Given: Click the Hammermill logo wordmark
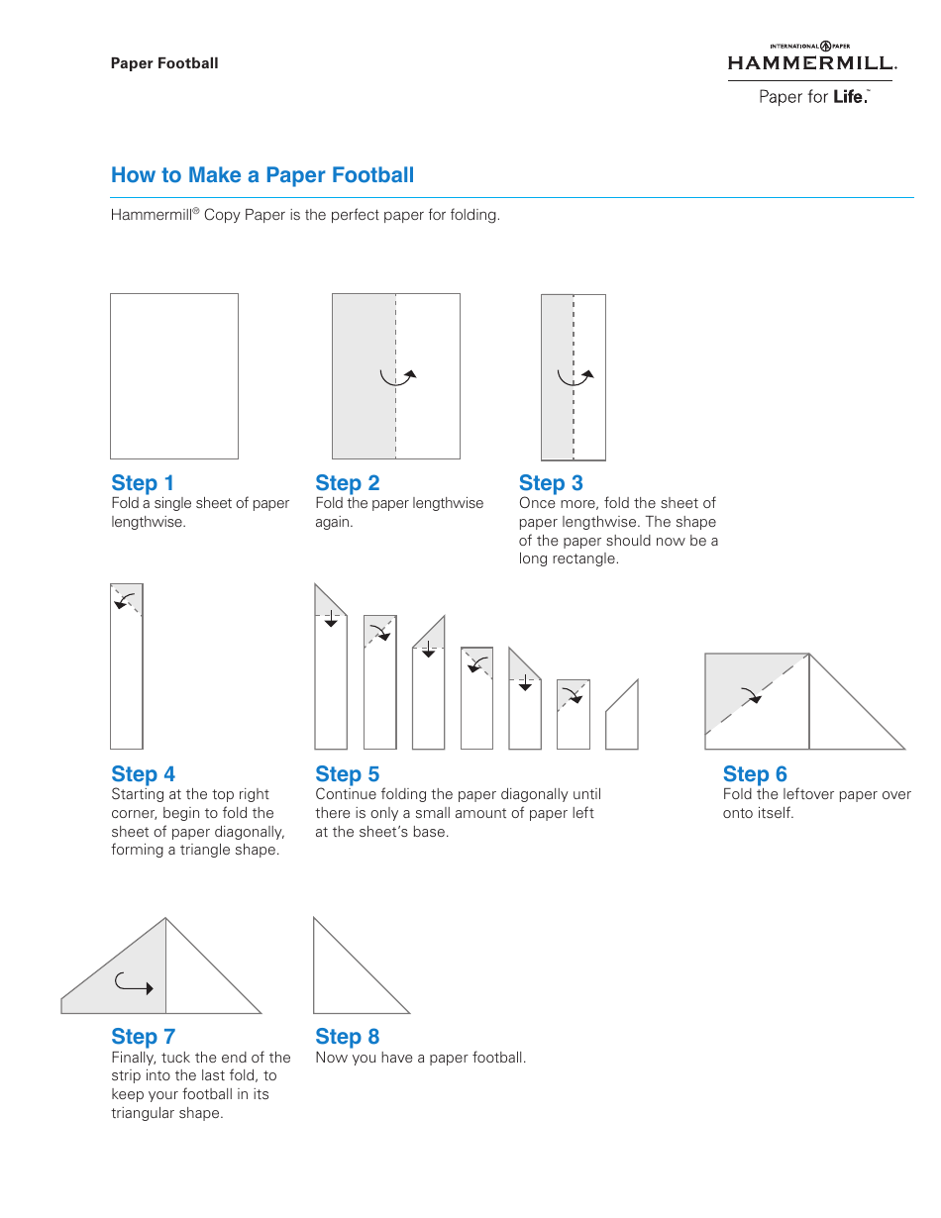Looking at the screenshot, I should click(811, 63).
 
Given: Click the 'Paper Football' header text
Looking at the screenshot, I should click(164, 63).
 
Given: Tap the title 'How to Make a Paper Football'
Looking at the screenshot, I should click(262, 175).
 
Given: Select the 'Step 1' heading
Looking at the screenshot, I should click(143, 483).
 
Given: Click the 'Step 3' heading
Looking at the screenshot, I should click(551, 483).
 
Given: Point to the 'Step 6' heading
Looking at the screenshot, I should click(755, 774).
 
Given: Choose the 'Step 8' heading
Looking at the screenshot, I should click(347, 1037).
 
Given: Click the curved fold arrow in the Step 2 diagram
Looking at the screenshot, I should click(398, 376).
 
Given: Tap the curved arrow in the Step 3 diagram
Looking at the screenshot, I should click(575, 376).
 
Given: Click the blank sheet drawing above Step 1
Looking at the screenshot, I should click(174, 376).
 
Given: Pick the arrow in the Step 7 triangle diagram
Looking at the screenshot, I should click(134, 984).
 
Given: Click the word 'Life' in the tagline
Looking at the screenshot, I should click(850, 97).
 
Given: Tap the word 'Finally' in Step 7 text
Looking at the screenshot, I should click(133, 1058).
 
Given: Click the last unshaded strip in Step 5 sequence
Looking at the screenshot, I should click(622, 718).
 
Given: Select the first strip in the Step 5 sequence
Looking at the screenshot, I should click(331, 673).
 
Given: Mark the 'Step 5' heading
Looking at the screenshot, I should click(347, 774).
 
